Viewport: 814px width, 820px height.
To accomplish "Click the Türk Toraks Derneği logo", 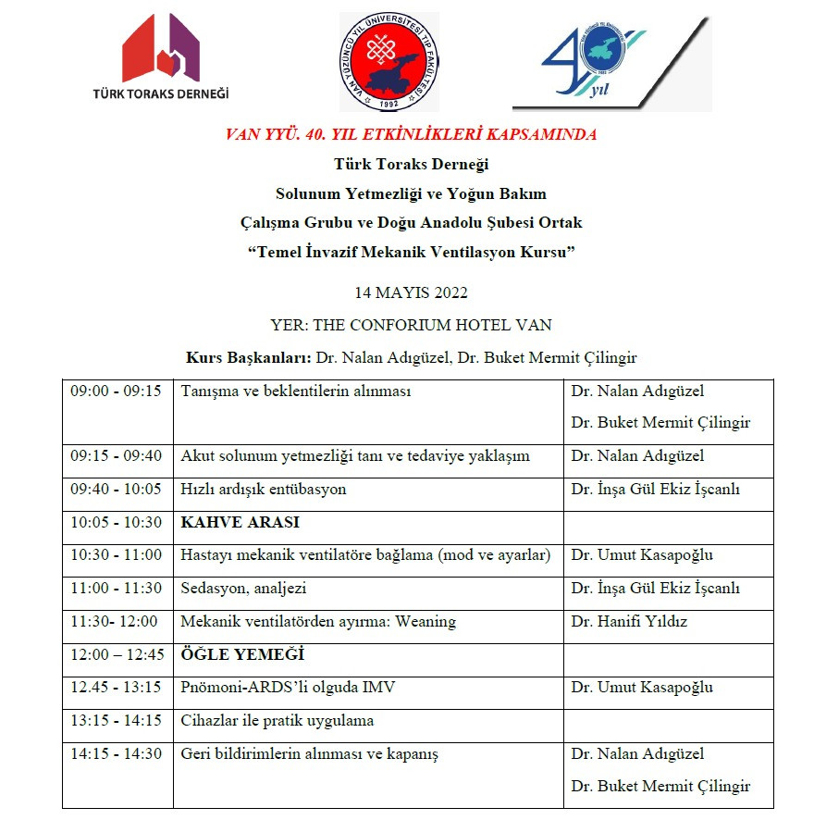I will (x=161, y=57).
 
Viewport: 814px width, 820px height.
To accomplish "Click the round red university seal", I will (x=388, y=62).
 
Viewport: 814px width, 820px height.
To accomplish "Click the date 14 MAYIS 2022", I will (x=411, y=292).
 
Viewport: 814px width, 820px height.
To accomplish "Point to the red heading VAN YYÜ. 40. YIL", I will (x=411, y=134).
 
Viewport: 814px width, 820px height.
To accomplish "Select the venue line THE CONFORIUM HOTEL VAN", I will (x=411, y=325).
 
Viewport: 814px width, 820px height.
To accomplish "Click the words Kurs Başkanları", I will (x=249, y=357).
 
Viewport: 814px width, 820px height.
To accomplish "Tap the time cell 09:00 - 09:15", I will (x=117, y=391).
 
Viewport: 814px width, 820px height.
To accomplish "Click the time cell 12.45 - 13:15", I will (x=117, y=688).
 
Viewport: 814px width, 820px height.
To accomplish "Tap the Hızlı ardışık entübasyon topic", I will (x=264, y=490).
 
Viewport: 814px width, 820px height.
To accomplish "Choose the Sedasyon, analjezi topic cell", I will (x=243, y=589).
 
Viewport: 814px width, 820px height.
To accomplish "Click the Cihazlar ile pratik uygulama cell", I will (x=277, y=721).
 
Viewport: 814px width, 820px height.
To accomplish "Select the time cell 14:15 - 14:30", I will (x=117, y=754).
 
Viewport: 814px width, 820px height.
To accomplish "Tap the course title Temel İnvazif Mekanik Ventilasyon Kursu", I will (x=411, y=253).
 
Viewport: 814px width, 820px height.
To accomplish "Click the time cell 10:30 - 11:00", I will (x=117, y=555).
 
